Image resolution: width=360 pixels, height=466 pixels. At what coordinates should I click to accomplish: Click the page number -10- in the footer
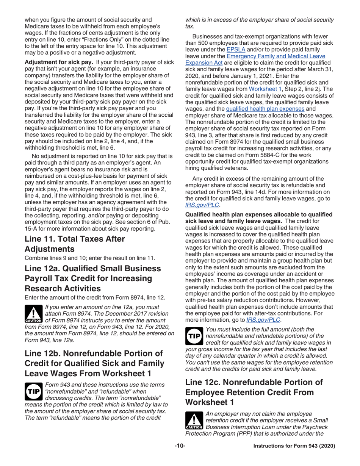180,446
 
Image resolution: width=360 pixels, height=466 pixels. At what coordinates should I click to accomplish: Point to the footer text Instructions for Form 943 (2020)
294,446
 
